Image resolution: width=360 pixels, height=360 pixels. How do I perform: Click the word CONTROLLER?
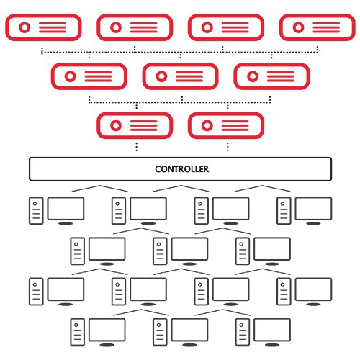181,169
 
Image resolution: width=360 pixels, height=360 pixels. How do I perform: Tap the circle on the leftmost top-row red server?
24,27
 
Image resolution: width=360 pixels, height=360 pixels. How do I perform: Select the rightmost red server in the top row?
318,27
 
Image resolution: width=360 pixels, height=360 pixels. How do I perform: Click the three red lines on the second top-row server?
144,27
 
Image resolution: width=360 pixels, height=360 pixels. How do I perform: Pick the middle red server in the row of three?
180,76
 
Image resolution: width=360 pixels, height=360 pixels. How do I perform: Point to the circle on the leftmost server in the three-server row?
70,76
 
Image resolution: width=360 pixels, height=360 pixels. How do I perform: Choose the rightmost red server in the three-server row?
271,76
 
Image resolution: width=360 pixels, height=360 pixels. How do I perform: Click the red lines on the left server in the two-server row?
144,125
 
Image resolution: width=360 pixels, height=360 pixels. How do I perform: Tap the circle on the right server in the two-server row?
207,125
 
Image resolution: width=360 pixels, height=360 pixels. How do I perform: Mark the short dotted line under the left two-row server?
137,147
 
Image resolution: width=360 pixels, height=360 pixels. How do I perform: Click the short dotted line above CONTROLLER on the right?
228,147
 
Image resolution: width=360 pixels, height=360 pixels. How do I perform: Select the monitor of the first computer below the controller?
66,209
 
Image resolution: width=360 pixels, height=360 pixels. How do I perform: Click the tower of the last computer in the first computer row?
284,211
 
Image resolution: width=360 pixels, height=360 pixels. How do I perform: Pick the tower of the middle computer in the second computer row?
160,251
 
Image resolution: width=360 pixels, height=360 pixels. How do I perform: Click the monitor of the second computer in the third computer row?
148,289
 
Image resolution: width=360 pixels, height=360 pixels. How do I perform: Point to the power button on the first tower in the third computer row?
35,284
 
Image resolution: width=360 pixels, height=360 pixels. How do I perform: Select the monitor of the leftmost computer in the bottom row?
107,330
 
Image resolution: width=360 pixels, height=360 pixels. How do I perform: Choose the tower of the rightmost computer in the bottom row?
243,332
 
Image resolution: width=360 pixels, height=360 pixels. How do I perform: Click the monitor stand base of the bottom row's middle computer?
189,345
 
